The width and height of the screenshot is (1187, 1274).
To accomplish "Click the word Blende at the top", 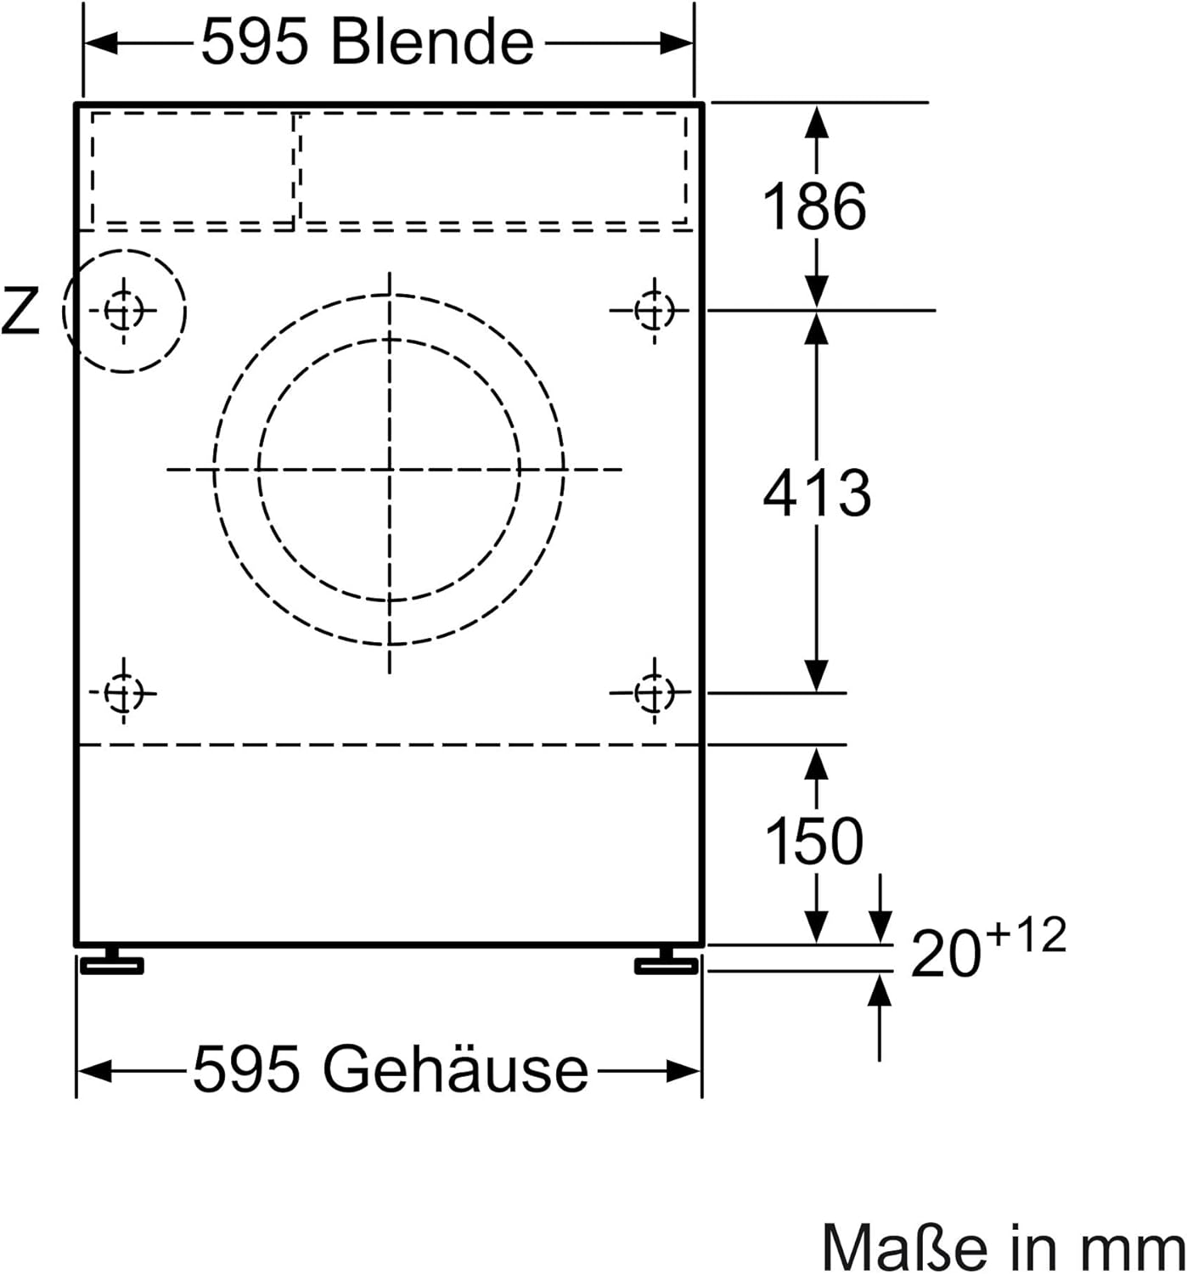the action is pos(432,43).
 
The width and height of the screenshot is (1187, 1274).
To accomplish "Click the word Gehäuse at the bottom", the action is pos(455,1068).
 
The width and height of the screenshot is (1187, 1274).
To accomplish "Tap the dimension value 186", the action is pos(814,206).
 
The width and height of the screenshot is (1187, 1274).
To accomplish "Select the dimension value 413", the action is pos(817,493).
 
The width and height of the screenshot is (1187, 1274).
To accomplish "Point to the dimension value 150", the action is pos(814,841).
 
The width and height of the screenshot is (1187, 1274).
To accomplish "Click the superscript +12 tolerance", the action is pos(1026,934).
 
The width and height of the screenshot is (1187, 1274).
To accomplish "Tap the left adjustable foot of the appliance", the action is pos(111,961).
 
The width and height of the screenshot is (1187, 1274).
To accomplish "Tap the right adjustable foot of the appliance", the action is pos(667,961).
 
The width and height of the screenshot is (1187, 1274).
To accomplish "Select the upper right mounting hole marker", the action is pos(654,311).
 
